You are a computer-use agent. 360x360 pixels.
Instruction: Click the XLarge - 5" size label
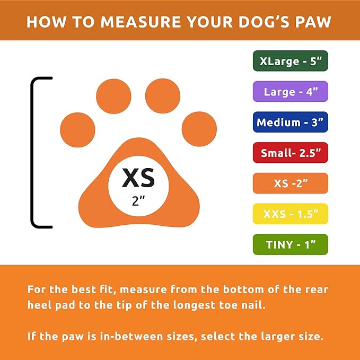pos(290,61)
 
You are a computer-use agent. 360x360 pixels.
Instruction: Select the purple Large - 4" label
pos(290,91)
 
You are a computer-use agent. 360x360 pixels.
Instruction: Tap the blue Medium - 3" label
pos(290,122)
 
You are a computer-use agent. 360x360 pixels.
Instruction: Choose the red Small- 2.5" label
pos(290,153)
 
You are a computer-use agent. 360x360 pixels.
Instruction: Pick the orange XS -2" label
pos(290,183)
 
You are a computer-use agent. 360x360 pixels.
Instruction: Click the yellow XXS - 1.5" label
pos(290,214)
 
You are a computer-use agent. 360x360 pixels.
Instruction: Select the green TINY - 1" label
pos(290,244)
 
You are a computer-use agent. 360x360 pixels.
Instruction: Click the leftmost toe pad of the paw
pos(77,130)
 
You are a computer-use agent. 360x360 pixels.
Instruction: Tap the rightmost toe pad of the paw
pos(199,129)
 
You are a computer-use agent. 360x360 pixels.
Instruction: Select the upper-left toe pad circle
pos(113,96)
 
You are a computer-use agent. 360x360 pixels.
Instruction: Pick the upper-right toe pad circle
pos(163,96)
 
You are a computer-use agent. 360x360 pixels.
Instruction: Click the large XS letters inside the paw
pos(138,178)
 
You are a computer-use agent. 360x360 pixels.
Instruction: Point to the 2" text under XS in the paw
pos(138,201)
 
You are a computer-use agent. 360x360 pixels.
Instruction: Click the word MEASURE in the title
pos(142,22)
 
